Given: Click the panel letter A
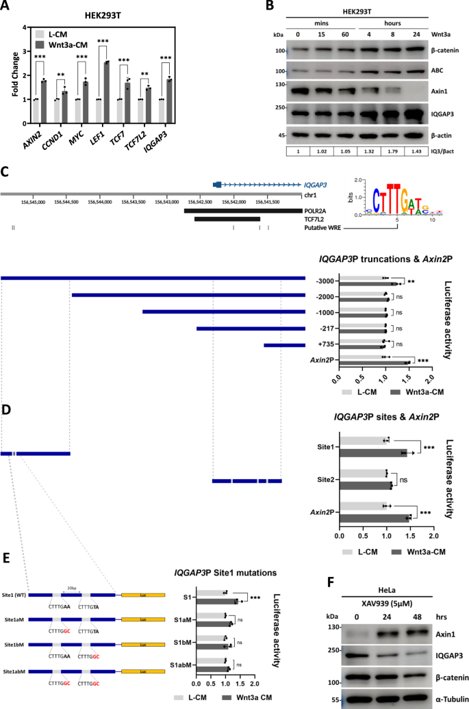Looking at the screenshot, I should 7,8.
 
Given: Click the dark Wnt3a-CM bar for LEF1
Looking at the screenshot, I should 107,81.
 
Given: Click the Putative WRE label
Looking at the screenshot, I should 326,227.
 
